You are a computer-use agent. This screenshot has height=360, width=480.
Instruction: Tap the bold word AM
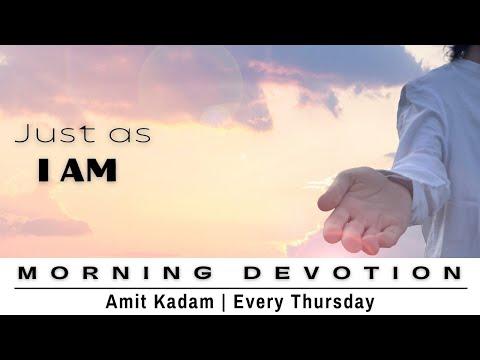91,171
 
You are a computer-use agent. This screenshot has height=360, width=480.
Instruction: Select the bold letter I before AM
44,171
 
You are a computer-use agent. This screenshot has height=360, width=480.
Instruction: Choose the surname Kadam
206,299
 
